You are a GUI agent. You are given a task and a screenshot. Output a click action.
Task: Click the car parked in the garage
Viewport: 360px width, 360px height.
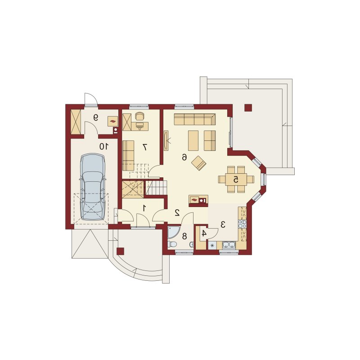93,187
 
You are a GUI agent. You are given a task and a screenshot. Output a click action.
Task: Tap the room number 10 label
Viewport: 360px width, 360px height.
103,146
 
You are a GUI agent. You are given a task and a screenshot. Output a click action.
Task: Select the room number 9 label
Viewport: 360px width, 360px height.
96,117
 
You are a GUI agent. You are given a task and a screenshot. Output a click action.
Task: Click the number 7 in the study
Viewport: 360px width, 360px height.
144,147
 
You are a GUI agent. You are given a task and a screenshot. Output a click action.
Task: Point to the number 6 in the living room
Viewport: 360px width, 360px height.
184,157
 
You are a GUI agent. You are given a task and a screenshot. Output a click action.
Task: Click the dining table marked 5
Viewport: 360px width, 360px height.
236,180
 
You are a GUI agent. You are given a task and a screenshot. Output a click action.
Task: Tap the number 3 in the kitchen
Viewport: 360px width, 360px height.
223,224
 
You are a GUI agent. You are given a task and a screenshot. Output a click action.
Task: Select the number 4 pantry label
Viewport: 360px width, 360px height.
204,234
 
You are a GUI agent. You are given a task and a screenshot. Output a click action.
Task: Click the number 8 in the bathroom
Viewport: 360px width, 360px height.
184,236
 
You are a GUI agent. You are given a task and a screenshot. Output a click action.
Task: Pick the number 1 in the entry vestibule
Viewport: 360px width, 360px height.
144,208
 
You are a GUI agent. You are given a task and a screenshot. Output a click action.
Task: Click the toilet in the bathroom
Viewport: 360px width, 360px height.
172,244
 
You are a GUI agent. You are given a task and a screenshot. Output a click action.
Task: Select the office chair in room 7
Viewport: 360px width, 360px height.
139,117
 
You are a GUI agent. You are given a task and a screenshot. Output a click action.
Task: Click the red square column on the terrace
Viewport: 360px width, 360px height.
248,108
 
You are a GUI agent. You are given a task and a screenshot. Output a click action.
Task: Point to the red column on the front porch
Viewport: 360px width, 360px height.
121,251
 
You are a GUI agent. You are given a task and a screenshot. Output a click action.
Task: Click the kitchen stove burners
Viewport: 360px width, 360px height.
243,224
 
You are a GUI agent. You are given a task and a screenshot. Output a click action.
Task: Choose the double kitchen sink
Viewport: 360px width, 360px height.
229,245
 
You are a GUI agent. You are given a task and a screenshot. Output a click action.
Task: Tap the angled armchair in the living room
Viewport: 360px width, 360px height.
199,163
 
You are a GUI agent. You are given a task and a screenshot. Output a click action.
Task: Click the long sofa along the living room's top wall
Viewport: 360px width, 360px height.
195,119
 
